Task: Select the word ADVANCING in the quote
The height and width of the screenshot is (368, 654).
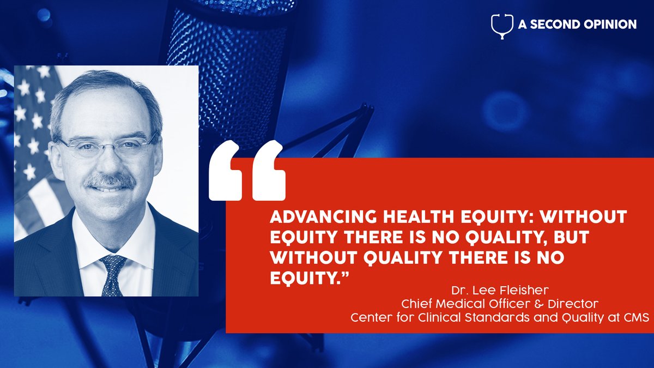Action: click(312, 218)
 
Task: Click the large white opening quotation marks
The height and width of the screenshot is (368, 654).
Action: click(247, 169)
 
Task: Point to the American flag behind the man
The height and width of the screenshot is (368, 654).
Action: click(34, 142)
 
